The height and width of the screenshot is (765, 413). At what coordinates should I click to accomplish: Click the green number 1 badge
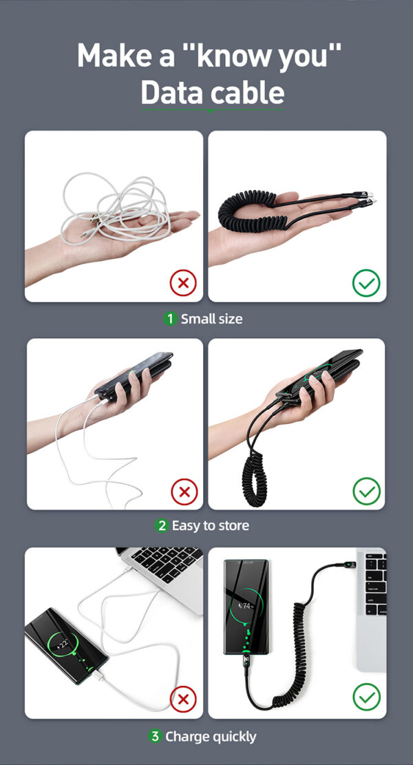169,319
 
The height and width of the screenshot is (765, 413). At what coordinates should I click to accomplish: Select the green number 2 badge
161,525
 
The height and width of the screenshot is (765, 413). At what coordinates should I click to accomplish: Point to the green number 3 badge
155,736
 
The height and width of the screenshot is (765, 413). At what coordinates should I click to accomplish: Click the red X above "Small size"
183,283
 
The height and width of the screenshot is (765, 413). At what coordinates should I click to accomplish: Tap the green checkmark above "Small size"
366,283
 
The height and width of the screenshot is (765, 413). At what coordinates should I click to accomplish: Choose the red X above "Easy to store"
184,492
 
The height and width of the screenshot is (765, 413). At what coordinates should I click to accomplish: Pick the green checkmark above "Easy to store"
366,491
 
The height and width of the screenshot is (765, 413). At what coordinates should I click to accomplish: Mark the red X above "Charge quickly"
183,700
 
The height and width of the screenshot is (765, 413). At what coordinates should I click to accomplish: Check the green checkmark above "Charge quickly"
366,697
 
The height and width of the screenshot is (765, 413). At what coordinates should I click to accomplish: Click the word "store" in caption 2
235,526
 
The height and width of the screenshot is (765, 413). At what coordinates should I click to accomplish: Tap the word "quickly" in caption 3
234,737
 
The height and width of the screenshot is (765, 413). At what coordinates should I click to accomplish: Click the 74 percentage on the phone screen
246,607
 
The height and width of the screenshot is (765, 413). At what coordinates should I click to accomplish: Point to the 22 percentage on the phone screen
63,642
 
